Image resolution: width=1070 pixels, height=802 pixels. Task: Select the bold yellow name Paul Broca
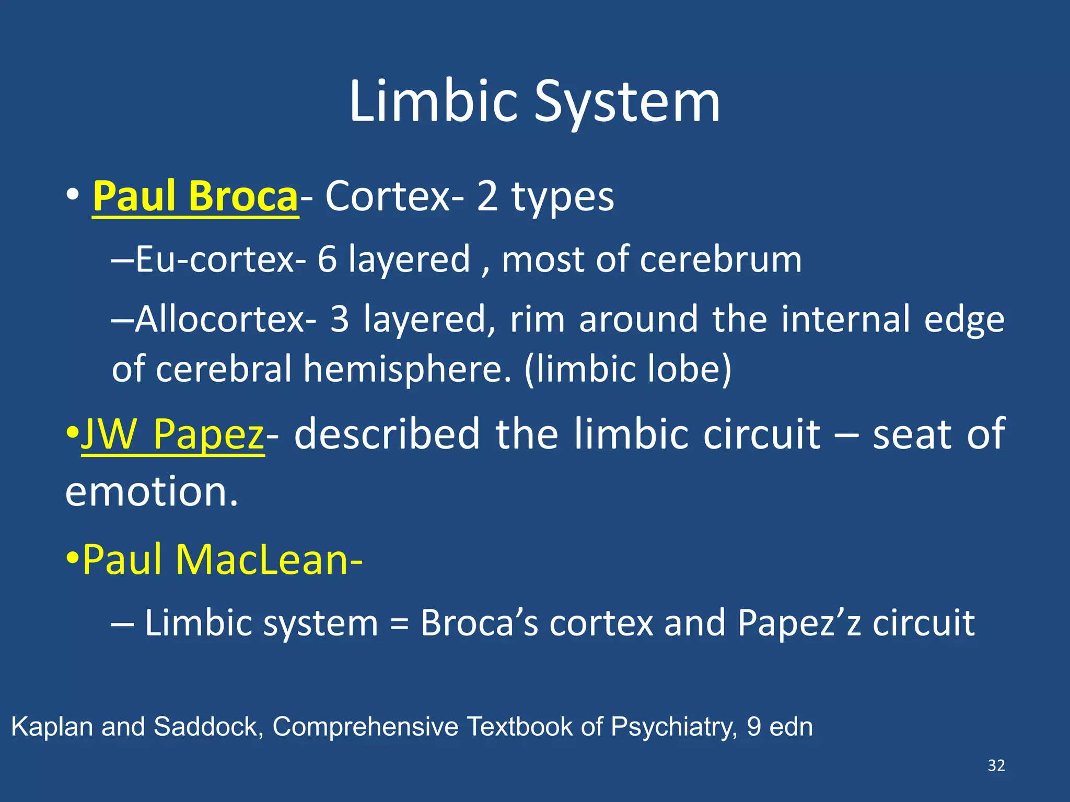(x=195, y=197)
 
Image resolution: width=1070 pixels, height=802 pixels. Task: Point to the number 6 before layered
(x=327, y=260)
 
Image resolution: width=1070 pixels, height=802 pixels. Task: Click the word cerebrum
(x=720, y=260)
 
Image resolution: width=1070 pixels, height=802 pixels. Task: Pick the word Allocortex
(x=220, y=319)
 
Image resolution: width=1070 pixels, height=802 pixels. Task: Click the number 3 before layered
(x=340, y=319)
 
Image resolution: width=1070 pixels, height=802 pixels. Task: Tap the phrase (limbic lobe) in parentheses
(x=627, y=369)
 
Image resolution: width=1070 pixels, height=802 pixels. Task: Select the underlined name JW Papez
(x=172, y=434)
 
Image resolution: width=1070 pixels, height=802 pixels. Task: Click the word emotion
(x=152, y=492)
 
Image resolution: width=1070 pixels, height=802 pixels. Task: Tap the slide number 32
(x=996, y=765)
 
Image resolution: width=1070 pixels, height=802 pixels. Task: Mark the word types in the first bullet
(x=562, y=197)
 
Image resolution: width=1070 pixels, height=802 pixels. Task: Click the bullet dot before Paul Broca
(x=73, y=195)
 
